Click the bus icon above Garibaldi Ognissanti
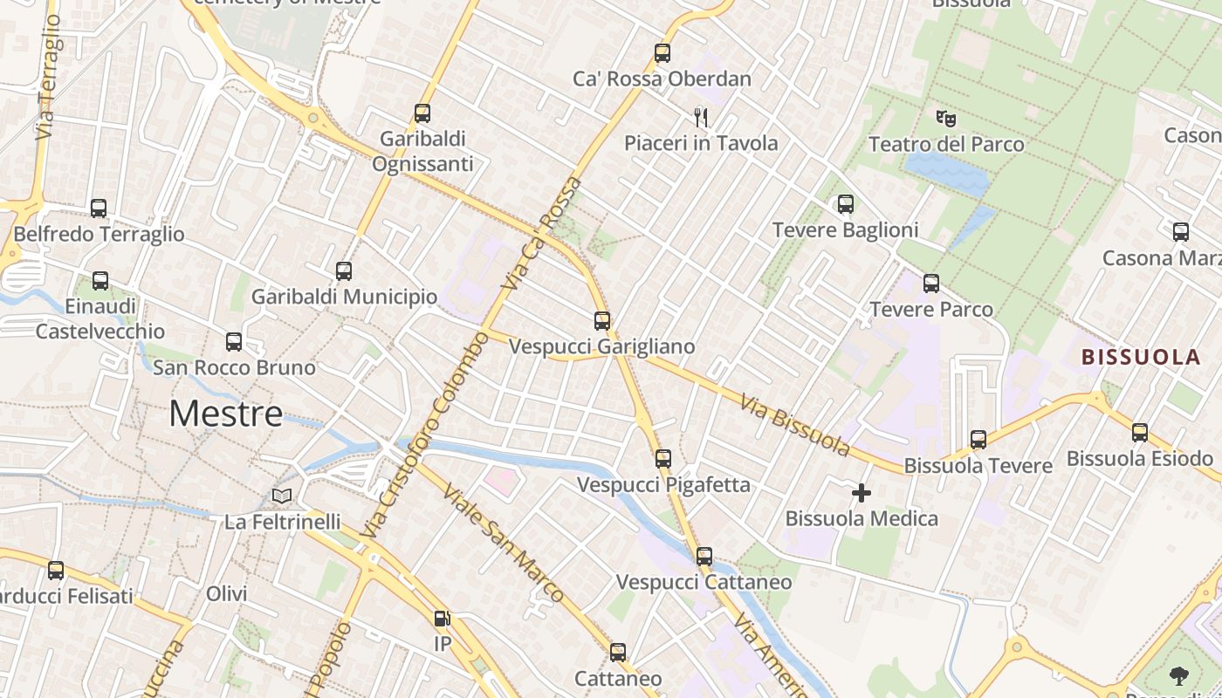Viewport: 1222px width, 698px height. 422,113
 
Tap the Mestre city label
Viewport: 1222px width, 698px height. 226,413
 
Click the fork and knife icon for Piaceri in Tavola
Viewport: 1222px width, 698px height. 700,116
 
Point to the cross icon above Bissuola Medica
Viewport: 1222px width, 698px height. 862,493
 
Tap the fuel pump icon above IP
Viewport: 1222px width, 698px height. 443,619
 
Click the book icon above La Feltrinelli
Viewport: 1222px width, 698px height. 281,496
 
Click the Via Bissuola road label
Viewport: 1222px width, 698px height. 794,425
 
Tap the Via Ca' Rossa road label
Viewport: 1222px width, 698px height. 542,233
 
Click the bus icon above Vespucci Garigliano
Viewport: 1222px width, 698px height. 602,320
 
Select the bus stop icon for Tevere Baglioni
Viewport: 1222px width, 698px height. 845,204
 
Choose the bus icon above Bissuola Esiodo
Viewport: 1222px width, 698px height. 1139,432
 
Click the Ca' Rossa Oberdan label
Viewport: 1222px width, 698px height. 662,79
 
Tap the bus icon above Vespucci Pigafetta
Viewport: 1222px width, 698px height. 663,458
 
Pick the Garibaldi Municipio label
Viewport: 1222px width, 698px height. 344,297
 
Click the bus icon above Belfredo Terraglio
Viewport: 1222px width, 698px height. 99,209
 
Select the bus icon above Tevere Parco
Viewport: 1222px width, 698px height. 931,284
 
